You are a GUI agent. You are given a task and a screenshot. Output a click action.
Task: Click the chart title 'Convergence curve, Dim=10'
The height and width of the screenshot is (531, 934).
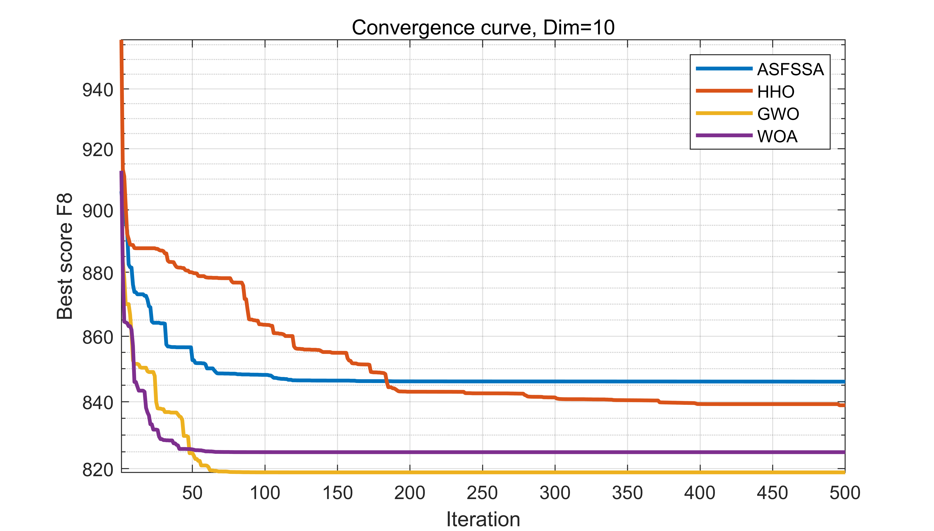click(483, 28)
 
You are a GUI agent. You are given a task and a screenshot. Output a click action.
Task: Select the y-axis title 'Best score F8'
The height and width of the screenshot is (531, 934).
click(65, 256)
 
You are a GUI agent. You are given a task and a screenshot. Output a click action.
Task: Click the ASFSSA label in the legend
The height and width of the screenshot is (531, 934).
click(790, 69)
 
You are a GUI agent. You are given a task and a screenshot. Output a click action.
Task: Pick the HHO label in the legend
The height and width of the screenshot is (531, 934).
click(776, 92)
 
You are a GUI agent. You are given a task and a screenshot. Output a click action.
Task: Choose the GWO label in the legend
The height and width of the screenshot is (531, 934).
click(778, 114)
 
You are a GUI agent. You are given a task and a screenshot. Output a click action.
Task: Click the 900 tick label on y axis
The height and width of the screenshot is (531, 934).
click(98, 211)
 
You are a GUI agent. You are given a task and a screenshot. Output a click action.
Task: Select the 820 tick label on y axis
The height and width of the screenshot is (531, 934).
click(98, 470)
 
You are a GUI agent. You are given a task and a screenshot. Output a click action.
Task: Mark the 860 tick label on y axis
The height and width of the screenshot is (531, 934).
click(98, 337)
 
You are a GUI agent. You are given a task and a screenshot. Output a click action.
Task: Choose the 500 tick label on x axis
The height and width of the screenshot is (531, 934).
click(845, 493)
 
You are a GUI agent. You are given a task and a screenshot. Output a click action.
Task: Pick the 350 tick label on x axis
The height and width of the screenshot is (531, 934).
click(627, 493)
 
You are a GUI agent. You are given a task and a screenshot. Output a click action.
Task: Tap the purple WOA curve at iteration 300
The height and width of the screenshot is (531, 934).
click(555, 452)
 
